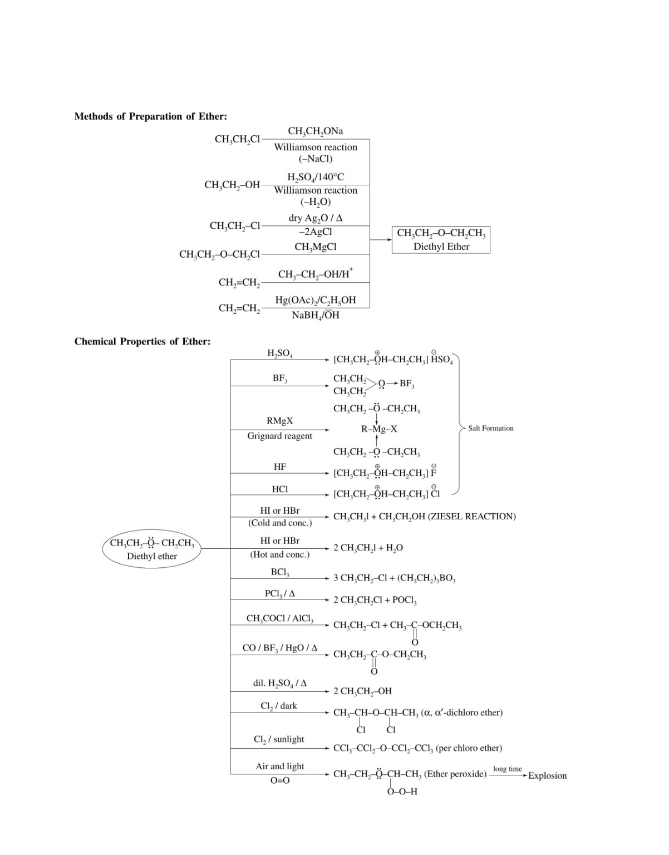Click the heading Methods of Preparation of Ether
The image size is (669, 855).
coord(150,116)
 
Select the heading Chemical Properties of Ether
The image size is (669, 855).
coord(142,341)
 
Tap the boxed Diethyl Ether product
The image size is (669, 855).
coord(441,240)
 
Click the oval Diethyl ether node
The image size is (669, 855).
coord(151,549)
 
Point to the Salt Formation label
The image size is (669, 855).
coord(490,428)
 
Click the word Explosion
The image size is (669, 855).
coord(547,775)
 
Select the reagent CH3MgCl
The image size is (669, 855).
coord(315,247)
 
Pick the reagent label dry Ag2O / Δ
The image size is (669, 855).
coord(315,218)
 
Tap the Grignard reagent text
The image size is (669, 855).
coord(279,436)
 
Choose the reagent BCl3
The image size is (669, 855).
coord(279,572)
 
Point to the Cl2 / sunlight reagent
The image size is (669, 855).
coord(279,739)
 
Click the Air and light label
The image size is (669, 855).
coord(279,766)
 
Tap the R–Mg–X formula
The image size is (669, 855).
coord(379,429)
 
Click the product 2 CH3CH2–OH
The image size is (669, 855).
coord(362,691)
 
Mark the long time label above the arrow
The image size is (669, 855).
coord(507,769)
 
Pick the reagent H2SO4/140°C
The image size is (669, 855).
coord(315,177)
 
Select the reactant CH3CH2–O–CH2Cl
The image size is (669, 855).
coord(219,254)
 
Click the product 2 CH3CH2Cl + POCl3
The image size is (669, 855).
coord(375,601)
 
